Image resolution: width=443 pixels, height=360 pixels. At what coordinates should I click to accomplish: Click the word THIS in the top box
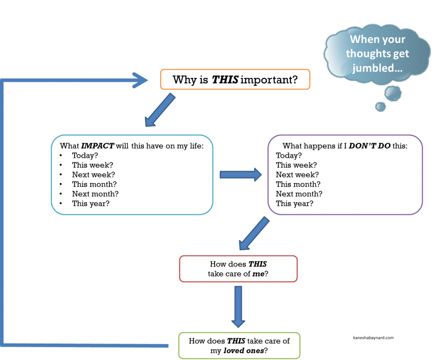pyautogui.click(x=225, y=80)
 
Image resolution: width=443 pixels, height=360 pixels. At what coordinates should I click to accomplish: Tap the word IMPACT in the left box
pyautogui.click(x=97, y=146)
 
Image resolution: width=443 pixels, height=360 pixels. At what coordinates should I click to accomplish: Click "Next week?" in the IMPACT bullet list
pyautogui.click(x=93, y=175)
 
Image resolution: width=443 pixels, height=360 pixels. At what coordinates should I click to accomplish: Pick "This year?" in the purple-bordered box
pyautogui.click(x=295, y=203)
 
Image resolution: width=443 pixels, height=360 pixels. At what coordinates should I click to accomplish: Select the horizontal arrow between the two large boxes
pyautogui.click(x=241, y=174)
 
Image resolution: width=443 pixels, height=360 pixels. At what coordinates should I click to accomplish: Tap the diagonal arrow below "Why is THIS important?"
pyautogui.click(x=160, y=110)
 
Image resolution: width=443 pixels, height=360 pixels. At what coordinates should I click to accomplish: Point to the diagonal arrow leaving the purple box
pyautogui.click(x=254, y=233)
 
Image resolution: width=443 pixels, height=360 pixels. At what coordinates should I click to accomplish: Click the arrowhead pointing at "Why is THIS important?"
pyautogui.click(x=141, y=80)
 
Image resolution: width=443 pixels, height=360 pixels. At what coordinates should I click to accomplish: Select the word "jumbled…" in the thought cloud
pyautogui.click(x=376, y=68)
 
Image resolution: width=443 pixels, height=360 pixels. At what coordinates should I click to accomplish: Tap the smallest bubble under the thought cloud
pyautogui.click(x=381, y=106)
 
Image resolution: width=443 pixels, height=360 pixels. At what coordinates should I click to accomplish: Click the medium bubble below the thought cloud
pyautogui.click(x=393, y=93)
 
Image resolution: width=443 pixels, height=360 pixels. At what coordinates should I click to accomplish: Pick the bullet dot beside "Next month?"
pyautogui.click(x=62, y=194)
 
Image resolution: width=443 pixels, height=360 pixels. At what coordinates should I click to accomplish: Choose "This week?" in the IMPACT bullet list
pyautogui.click(x=92, y=165)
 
